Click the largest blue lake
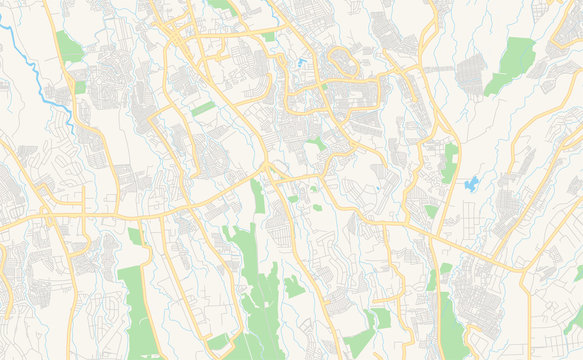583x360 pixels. tap(472, 184)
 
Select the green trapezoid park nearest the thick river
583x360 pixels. tap(68, 46)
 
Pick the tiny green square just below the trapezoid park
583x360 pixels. tap(80, 87)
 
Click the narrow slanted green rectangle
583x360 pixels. tap(203, 108)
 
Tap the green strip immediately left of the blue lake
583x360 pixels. tap(450, 163)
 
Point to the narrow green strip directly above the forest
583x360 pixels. tap(258, 196)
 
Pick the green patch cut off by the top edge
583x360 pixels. tap(219, 4)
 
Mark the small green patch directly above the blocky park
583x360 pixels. tap(134, 236)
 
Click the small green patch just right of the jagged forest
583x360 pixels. tap(293, 287)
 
